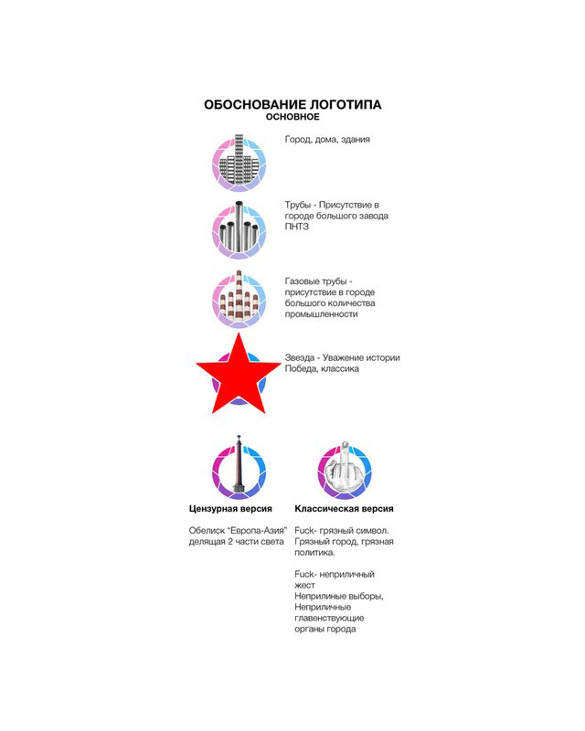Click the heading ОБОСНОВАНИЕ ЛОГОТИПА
click(x=292, y=105)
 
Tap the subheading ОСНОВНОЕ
click(x=292, y=118)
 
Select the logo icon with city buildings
click(x=239, y=162)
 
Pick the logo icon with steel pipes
click(x=239, y=228)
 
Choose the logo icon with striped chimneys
click(x=239, y=299)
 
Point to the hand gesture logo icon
click(x=345, y=470)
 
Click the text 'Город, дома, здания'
click(x=327, y=140)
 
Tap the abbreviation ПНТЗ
click(x=297, y=228)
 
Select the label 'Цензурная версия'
click(x=230, y=508)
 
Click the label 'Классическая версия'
click(x=344, y=508)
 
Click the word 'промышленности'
click(x=321, y=313)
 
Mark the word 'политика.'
click(x=314, y=552)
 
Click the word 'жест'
click(x=304, y=585)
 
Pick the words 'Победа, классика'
click(x=322, y=368)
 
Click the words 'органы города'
click(x=324, y=629)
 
